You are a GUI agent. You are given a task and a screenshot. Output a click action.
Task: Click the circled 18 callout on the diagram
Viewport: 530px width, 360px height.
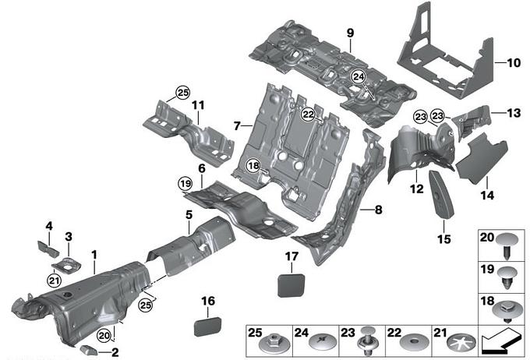click(x=253, y=165)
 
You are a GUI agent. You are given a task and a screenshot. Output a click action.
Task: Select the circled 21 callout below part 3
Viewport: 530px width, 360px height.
click(x=54, y=281)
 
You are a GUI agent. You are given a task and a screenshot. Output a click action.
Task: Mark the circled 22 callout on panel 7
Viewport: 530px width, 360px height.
click(x=309, y=115)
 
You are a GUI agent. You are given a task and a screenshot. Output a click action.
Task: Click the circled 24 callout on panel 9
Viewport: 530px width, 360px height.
click(x=358, y=76)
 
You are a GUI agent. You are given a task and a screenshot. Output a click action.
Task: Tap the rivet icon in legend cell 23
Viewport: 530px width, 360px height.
click(x=367, y=343)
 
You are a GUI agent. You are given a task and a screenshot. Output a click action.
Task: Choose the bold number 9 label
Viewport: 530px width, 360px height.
click(x=350, y=33)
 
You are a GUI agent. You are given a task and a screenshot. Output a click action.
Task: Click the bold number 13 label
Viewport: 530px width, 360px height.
click(x=511, y=112)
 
